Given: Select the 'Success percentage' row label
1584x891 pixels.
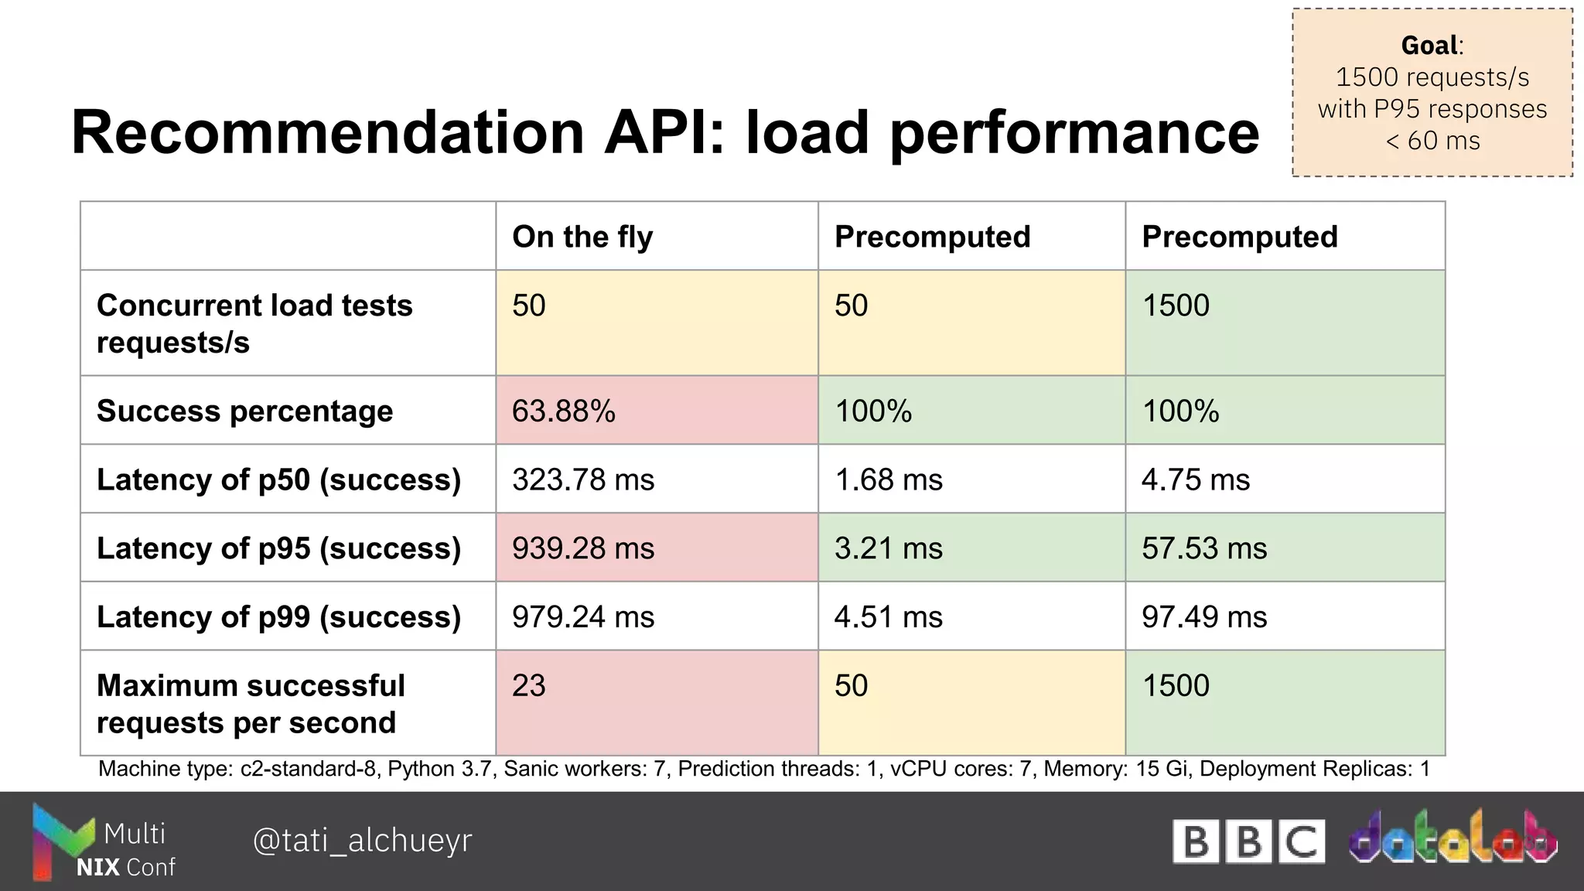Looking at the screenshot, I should click(x=244, y=411).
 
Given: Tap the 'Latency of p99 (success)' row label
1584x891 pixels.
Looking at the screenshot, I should click(x=278, y=617).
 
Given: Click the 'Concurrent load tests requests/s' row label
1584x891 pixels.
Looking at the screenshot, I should click(x=254, y=323).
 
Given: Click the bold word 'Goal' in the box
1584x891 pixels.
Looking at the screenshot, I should click(x=1429, y=46).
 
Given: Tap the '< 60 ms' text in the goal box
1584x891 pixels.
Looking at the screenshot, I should click(x=1432, y=141).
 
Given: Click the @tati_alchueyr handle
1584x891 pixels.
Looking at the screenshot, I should click(x=362, y=840).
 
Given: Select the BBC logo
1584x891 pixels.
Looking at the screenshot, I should click(x=1248, y=841).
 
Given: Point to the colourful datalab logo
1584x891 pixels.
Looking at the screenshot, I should click(x=1453, y=837).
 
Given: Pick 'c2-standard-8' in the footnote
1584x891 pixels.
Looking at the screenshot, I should click(x=310, y=769).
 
